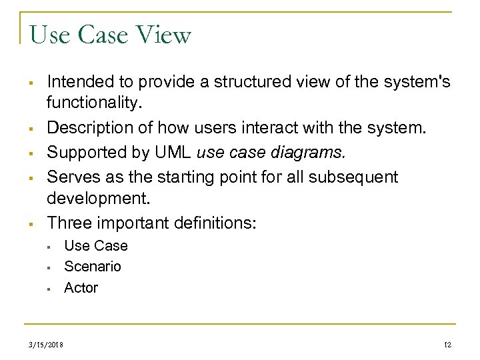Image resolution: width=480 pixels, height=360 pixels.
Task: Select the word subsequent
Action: point(351,177)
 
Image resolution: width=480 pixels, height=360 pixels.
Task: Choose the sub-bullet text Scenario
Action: point(93,267)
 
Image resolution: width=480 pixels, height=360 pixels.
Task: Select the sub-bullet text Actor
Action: point(81,288)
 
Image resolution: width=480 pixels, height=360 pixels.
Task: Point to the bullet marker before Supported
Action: point(31,153)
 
